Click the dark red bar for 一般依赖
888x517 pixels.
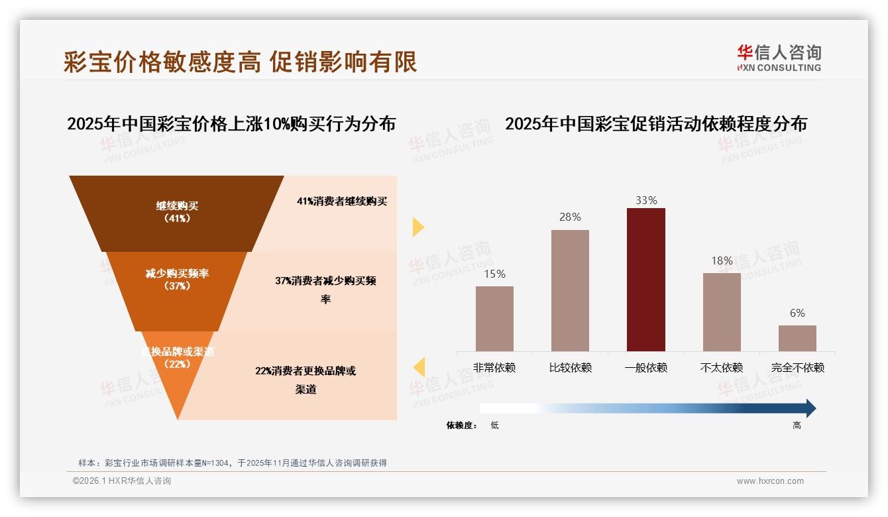tap(645, 279)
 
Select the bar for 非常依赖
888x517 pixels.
tap(494, 318)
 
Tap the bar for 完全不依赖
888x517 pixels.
tap(797, 338)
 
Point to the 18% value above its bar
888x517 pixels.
tap(722, 260)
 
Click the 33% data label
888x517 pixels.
tap(646, 200)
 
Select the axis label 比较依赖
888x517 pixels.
tap(570, 368)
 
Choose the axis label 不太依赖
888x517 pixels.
tap(722, 368)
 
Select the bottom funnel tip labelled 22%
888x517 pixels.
tap(177, 378)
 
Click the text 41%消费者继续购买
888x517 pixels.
tap(342, 201)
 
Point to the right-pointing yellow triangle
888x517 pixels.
tap(417, 227)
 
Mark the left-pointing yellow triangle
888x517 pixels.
tap(418, 367)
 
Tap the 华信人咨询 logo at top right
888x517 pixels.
tap(779, 58)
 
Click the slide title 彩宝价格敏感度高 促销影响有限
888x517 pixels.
tap(241, 62)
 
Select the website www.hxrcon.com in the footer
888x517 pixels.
tap(770, 481)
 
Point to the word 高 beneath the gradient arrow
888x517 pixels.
tap(797, 426)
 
